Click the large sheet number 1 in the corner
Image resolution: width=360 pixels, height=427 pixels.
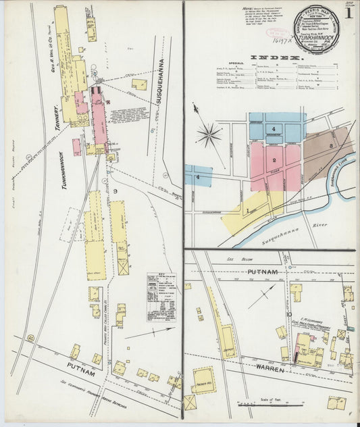tap(348, 13)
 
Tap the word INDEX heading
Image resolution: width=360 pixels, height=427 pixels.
tap(274, 59)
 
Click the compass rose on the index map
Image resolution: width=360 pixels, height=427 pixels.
tap(209, 133)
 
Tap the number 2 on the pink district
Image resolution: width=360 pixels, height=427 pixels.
tap(274, 160)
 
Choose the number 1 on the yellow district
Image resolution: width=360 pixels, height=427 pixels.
tap(248, 211)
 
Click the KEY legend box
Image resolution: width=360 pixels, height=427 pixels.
tap(161, 295)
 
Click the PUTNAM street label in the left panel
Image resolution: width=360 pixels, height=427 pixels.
tap(80, 366)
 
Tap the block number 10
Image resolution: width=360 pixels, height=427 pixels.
tap(288, 314)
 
